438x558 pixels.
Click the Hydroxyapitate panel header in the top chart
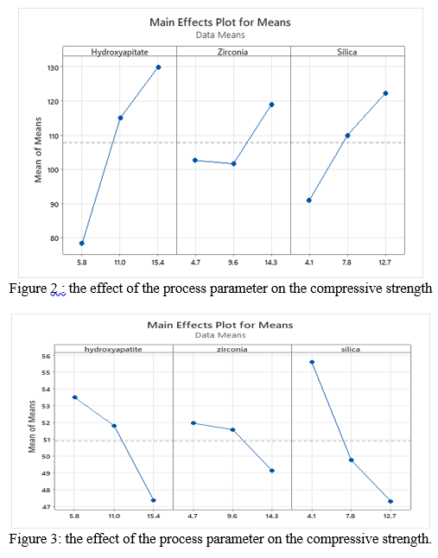click(119, 53)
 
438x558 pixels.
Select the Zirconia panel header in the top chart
click(233, 53)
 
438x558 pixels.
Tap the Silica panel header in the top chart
click(346, 53)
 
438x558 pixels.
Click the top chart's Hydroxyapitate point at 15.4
click(158, 67)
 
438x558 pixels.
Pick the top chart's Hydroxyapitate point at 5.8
click(82, 244)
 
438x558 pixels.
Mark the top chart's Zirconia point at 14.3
click(271, 105)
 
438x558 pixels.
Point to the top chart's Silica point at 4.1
click(308, 200)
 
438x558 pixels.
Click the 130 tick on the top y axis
click(52, 67)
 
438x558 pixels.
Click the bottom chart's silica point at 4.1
click(311, 362)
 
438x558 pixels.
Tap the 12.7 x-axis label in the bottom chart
click(390, 516)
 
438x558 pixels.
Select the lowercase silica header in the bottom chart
click(351, 349)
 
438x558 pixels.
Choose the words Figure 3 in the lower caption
click(34, 540)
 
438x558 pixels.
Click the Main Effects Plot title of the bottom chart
click(219, 325)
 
